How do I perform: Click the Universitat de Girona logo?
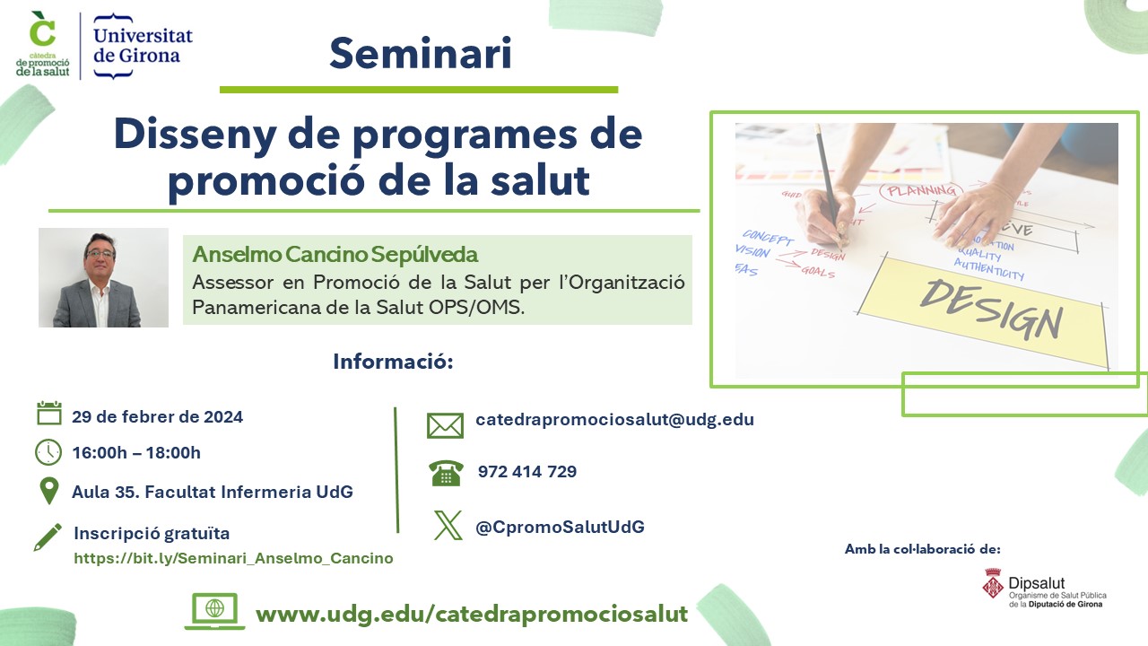click(143, 46)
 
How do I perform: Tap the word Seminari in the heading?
click(421, 53)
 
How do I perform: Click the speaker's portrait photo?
click(103, 277)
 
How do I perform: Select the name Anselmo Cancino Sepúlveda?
click(335, 254)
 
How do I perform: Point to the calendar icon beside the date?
click(49, 414)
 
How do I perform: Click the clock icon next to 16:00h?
click(48, 452)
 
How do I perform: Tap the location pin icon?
click(49, 491)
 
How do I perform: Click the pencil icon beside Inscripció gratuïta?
click(48, 537)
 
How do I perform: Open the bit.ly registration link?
click(234, 558)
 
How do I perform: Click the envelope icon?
click(446, 425)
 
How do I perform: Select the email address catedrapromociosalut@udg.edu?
click(615, 419)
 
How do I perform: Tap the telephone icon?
click(446, 473)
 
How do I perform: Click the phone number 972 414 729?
click(527, 471)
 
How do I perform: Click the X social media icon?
click(448, 525)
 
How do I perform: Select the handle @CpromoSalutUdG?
click(561, 527)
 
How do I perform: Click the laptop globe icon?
click(214, 611)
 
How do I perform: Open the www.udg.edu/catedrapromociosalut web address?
click(472, 614)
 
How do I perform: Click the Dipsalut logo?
click(1045, 588)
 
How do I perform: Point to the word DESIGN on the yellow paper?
click(992, 310)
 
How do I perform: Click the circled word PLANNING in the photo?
click(921, 191)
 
